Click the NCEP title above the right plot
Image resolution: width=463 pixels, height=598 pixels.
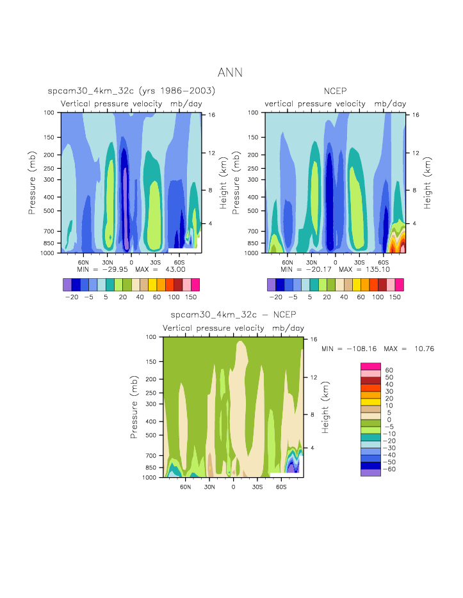tap(335, 91)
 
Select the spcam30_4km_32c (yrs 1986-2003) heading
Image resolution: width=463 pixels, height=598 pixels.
tap(131, 91)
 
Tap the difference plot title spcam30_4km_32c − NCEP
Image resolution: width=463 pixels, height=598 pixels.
tap(233, 315)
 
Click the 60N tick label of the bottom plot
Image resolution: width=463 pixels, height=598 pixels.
tap(186, 486)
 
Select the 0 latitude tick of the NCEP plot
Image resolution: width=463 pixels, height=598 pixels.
tap(335, 262)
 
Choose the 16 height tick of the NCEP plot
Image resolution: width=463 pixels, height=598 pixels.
tap(415, 115)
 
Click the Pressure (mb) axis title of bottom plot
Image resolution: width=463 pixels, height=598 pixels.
tap(134, 407)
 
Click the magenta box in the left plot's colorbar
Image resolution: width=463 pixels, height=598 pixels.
tap(195, 285)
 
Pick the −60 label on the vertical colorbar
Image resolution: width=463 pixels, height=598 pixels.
tap(389, 469)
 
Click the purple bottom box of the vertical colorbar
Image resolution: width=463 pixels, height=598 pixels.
tap(371, 473)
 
